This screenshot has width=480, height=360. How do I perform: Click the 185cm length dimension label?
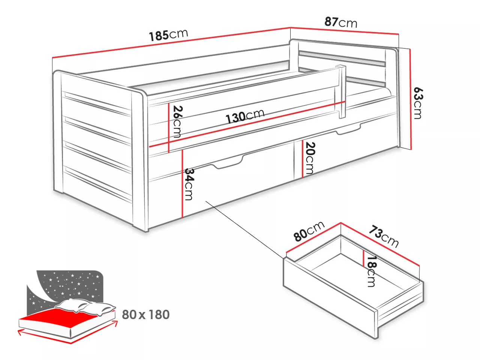coord(168,35)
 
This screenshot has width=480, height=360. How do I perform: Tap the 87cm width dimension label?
coord(341,22)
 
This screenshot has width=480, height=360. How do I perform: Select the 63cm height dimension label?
coord(418,103)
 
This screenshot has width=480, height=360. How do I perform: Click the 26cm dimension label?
coord(177,121)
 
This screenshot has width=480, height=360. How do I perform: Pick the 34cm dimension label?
coord(189,184)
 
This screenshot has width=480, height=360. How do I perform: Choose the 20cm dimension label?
coord(310,158)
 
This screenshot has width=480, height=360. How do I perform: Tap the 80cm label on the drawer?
coord(309,231)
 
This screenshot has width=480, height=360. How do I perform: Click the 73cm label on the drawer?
coord(384,237)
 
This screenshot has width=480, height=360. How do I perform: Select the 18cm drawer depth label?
coord(371,271)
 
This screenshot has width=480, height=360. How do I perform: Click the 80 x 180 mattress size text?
coord(145,315)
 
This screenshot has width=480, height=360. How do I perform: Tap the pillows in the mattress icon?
coord(85,306)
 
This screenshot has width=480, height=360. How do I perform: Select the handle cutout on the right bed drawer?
coord(348,130)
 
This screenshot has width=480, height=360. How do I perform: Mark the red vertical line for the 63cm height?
coord(411,99)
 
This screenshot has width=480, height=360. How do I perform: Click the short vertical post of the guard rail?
coord(342,91)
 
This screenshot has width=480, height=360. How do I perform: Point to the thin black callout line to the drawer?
coord(245,230)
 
